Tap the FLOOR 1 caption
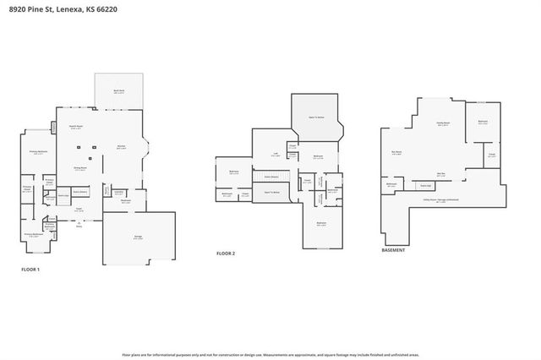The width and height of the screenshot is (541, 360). [x=30, y=270]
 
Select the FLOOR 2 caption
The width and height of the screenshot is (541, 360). [x=225, y=253]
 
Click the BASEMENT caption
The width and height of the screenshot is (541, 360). [x=393, y=250]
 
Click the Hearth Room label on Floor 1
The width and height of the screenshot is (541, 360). [x=74, y=126]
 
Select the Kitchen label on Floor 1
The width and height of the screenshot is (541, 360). [x=121, y=147]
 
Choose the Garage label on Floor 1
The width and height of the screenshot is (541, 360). [x=138, y=237]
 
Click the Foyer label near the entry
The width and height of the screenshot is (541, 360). [x=79, y=208]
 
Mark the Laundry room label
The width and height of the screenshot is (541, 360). [x=118, y=192]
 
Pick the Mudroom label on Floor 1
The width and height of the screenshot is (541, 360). [x=125, y=200]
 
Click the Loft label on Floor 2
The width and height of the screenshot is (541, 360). [x=276, y=153]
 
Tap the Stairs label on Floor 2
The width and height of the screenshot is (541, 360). [x=271, y=177]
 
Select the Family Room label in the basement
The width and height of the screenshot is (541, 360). [x=442, y=123]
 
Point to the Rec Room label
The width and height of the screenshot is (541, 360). [x=396, y=152]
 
